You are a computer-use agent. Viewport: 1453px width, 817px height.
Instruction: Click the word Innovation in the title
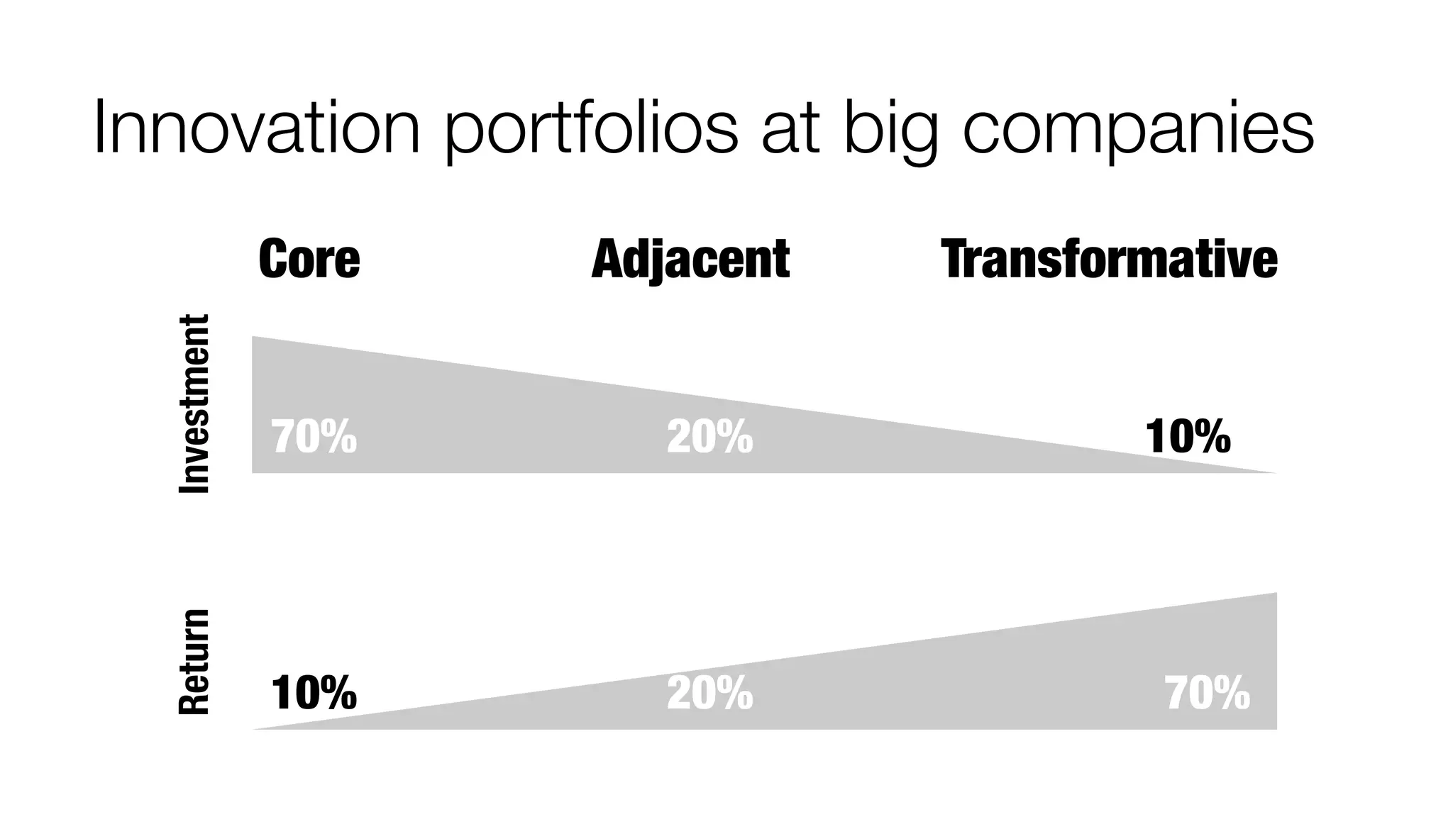click(x=257, y=128)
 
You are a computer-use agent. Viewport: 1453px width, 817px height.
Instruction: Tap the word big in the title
click(x=890, y=131)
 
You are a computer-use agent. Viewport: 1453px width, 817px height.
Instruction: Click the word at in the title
click(x=790, y=131)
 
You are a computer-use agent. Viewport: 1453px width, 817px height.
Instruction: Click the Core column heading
click(x=309, y=259)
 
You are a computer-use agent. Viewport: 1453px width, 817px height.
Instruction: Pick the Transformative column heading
click(x=1109, y=259)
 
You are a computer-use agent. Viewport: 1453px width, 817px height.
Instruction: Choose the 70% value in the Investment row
click(x=314, y=437)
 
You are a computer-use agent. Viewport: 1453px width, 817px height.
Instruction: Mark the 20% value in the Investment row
click(x=709, y=437)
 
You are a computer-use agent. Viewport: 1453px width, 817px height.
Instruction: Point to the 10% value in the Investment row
click(x=1188, y=437)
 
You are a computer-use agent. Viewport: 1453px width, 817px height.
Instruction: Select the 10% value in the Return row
click(x=314, y=693)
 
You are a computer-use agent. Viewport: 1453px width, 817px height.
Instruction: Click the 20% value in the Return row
click(x=709, y=693)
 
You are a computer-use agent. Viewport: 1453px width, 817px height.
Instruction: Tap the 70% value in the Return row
click(x=1208, y=693)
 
